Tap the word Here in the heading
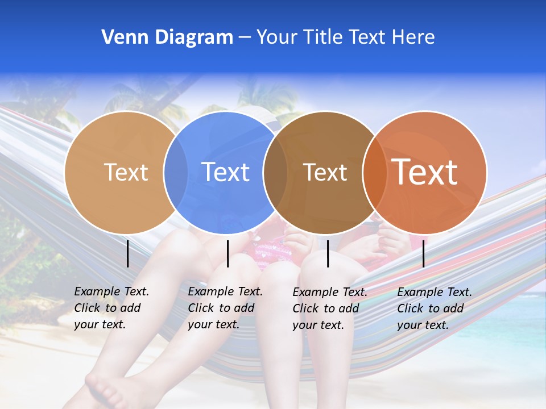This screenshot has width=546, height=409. tap(413, 37)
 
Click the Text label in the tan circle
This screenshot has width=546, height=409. tap(126, 172)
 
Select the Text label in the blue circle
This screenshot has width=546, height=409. tap(226, 172)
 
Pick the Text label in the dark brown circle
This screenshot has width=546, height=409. tap(325, 172)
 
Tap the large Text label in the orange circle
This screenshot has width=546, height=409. tap(425, 172)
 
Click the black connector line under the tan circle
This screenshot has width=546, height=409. tap(128, 253)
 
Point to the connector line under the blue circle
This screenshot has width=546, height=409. tap(227, 253)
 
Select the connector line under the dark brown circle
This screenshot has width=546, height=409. tap(328, 253)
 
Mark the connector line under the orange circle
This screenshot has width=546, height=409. tap(424, 253)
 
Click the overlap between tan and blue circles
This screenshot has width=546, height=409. tap(176, 172)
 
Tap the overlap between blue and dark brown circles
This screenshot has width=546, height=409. tap(275, 172)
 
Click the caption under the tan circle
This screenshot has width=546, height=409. tap(111, 308)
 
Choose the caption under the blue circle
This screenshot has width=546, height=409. tap(225, 308)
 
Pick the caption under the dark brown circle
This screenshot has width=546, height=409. tap(329, 308)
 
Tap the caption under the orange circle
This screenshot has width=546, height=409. tap(434, 308)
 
